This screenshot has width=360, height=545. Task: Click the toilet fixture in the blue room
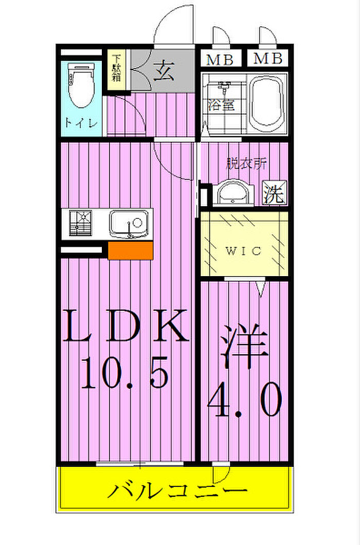click(x=81, y=85)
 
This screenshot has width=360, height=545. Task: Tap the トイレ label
click(x=81, y=123)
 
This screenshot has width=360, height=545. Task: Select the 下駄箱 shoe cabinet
click(x=116, y=70)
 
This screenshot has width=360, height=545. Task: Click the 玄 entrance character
click(x=164, y=70)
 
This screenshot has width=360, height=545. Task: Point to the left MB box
click(x=221, y=59)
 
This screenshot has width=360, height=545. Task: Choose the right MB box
click(x=267, y=58)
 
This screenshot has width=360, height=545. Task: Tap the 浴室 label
click(x=221, y=105)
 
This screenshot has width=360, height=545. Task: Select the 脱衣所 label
click(x=247, y=163)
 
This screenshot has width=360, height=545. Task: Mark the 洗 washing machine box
click(x=275, y=193)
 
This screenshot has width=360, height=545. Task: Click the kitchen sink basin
click(x=129, y=224)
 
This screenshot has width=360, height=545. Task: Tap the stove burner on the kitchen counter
click(x=80, y=223)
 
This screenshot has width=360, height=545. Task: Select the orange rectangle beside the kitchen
click(x=131, y=250)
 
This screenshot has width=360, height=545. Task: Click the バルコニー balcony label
click(x=177, y=491)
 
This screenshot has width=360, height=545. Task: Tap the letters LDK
click(x=125, y=325)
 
